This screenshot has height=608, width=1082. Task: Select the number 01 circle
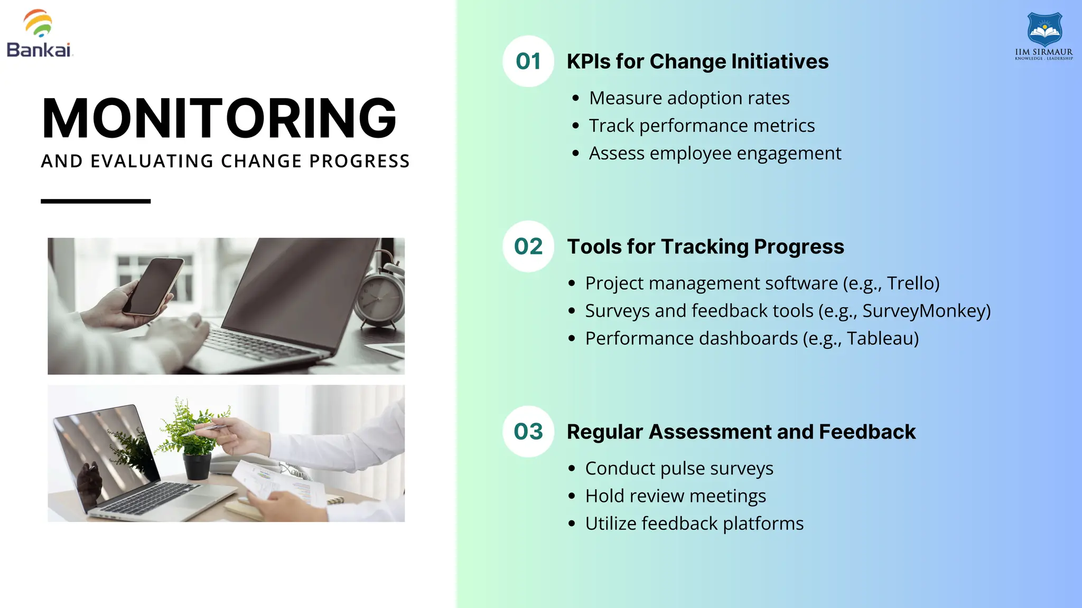pos(528,61)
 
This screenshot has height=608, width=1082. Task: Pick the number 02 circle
pos(528,246)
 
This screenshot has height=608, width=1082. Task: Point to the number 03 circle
pos(528,432)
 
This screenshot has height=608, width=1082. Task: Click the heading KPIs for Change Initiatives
pos(697,62)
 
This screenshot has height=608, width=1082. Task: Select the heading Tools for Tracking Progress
pos(705,247)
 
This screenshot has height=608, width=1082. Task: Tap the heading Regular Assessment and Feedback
pos(741,432)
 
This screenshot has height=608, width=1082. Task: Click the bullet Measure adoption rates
pos(689,98)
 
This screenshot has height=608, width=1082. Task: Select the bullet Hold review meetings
pos(675,496)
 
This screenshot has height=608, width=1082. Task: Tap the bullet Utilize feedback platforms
pos(694,524)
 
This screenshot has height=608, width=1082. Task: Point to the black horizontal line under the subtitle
pos(96,201)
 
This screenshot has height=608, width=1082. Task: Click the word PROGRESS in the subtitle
pos(359,161)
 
